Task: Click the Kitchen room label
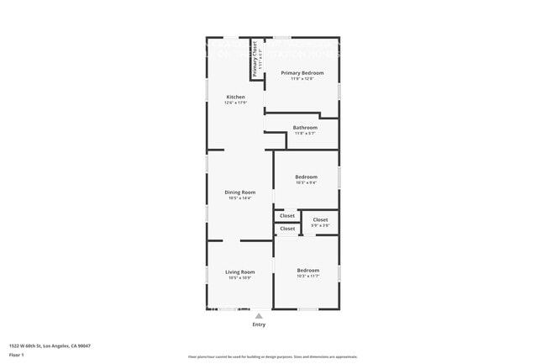point(235,97)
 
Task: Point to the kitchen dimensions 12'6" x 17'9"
point(235,103)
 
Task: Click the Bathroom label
point(305,128)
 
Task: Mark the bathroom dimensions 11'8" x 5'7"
point(305,133)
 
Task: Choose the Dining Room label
point(239,193)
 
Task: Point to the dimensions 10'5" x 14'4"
point(239,198)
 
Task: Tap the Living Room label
point(239,272)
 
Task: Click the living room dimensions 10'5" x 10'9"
point(239,277)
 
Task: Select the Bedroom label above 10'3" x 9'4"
point(307,177)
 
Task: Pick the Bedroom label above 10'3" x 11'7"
point(307,270)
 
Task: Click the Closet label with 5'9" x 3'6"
point(320,219)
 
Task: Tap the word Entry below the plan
point(259,324)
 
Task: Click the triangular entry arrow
point(259,316)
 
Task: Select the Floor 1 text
point(17,355)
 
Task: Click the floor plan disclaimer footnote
point(272,356)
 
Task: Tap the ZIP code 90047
point(84,346)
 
